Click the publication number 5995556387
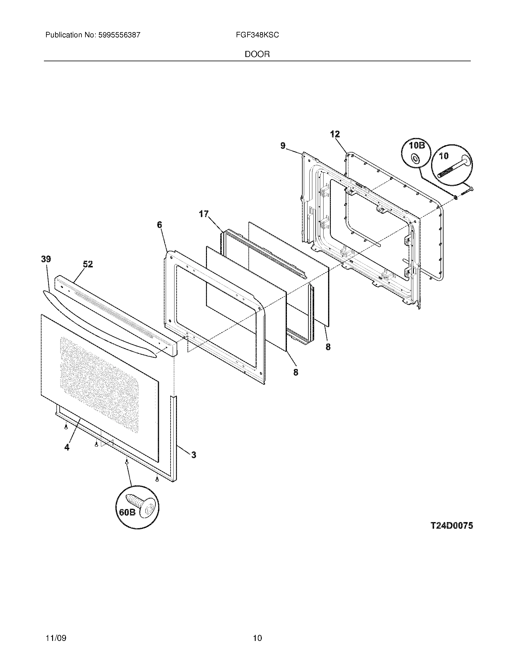[x=119, y=35]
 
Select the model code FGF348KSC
[x=257, y=35]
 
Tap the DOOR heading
[x=257, y=54]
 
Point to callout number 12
[x=335, y=134]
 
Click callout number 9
[x=283, y=146]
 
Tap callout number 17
[x=204, y=214]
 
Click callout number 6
[x=159, y=225]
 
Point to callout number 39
[x=46, y=259]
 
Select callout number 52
[x=88, y=264]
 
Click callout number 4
[x=67, y=447]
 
